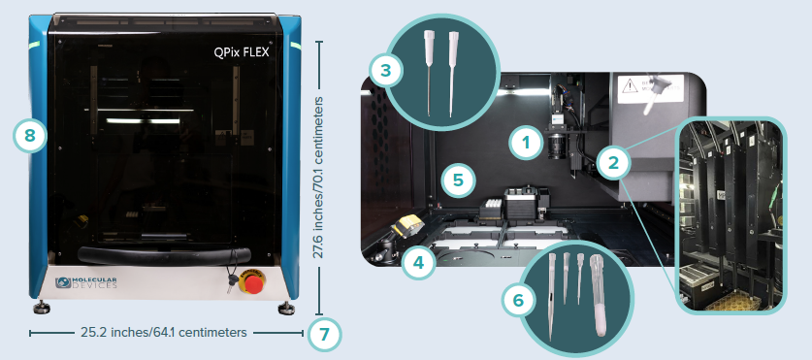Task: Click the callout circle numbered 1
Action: (525, 145)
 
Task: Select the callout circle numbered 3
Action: (385, 70)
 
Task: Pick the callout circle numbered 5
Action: (457, 179)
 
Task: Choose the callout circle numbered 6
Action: (519, 300)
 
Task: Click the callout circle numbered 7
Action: (324, 334)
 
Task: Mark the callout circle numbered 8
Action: (30, 136)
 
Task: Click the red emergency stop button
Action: (254, 283)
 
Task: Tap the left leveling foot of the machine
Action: (45, 309)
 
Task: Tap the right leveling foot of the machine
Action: (288, 309)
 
